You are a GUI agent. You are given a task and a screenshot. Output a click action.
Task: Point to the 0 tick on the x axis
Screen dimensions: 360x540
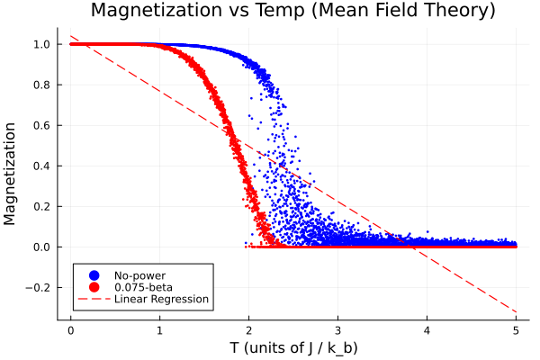tap(70, 329)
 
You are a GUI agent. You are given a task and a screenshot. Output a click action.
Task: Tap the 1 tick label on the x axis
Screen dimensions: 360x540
tap(159, 329)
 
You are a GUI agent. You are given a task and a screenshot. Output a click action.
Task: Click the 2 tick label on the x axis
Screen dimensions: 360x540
tap(248, 329)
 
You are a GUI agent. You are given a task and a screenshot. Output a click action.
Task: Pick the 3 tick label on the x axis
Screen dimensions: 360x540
tap(337, 329)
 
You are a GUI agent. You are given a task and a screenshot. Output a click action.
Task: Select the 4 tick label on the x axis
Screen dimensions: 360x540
tap(427, 329)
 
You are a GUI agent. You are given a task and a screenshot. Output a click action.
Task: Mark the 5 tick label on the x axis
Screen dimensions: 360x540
tap(516, 329)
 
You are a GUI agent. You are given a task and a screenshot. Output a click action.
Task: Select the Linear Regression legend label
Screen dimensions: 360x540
tap(161, 299)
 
